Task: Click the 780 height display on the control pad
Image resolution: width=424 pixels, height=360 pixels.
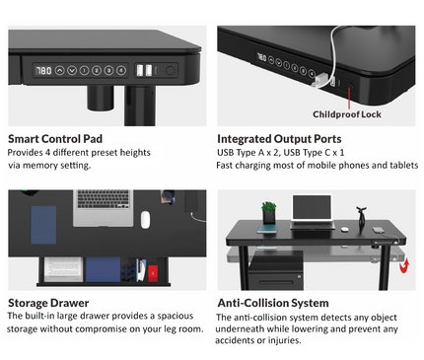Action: [x=43, y=71]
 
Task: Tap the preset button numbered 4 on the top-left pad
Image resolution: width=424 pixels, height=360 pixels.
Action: [x=121, y=71]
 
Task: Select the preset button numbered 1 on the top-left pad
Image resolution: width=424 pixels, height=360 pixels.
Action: [x=85, y=71]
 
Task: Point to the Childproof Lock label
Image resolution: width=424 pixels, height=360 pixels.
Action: [x=346, y=113]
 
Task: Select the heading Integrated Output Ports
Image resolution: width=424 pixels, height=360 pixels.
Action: [x=279, y=139]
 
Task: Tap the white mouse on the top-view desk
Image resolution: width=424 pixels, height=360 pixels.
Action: [x=145, y=219]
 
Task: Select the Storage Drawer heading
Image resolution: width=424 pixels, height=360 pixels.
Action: [x=49, y=302]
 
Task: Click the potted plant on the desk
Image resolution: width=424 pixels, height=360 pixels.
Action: [x=268, y=212]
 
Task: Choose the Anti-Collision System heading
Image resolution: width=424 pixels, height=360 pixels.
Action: [x=273, y=303]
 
